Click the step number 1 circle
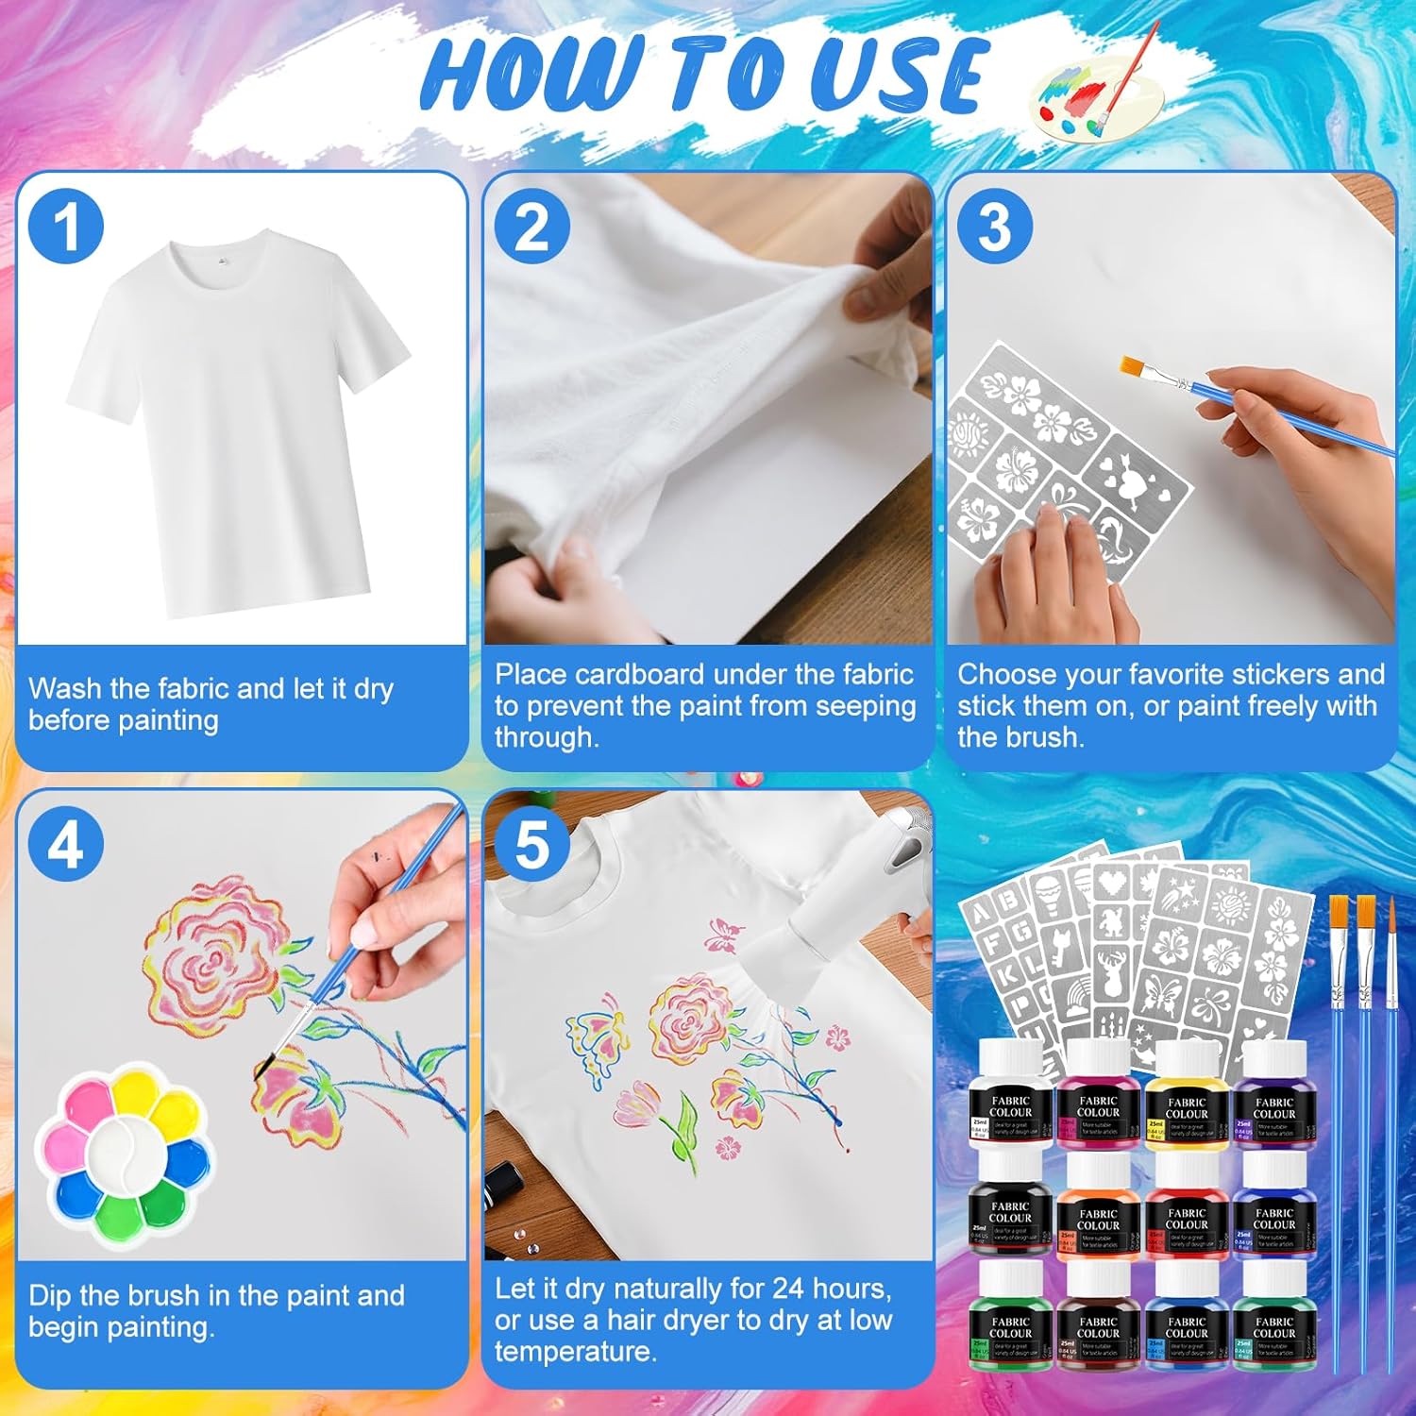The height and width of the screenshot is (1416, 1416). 65,227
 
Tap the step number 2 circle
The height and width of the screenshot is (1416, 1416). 532,227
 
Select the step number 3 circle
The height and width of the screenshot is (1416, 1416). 994,227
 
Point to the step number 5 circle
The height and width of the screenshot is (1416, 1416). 532,844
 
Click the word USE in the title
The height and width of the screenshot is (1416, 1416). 897,76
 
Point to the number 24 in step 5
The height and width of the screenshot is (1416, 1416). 791,1289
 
